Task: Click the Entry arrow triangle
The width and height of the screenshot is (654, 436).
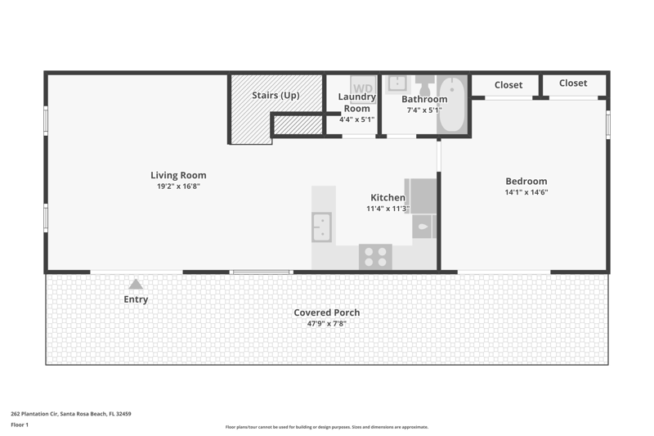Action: click(136, 285)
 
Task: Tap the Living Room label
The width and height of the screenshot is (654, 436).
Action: click(178, 175)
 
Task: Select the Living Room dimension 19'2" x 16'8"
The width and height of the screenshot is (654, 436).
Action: click(178, 186)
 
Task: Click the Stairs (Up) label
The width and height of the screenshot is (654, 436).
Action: click(275, 95)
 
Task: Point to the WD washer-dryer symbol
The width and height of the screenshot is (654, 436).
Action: click(363, 89)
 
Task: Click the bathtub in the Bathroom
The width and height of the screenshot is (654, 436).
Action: click(452, 105)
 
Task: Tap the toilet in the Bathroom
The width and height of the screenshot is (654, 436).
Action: click(424, 86)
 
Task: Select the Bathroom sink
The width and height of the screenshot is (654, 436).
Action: click(397, 83)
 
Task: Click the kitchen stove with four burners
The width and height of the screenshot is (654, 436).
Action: click(375, 257)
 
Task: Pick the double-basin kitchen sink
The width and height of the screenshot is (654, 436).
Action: click(322, 227)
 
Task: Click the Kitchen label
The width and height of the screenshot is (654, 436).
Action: click(387, 197)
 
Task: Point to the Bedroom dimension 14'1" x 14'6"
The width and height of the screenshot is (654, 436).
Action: click(526, 192)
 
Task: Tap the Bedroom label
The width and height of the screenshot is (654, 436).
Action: click(526, 181)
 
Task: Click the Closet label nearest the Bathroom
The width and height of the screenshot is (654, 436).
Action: click(508, 85)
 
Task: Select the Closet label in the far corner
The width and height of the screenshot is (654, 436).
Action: click(573, 83)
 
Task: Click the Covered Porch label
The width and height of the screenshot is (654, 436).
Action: click(326, 312)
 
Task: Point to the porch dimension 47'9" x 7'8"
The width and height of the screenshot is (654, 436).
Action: click(326, 323)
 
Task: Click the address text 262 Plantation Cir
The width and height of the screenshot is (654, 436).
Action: click(34, 414)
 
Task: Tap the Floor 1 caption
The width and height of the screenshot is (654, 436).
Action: click(20, 425)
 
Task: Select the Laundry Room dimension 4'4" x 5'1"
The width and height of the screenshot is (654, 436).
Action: click(356, 119)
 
